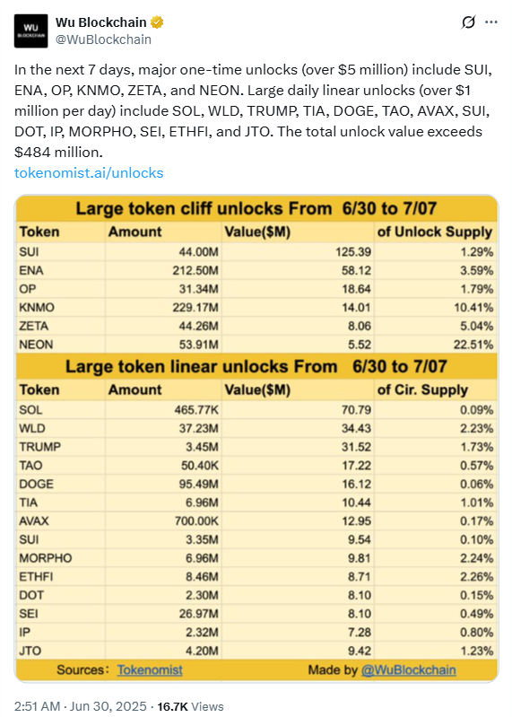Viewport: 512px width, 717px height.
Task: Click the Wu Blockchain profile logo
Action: point(30,31)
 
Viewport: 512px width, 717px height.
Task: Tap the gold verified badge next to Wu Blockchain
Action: point(157,22)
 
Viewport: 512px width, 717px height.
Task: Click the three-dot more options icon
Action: point(491,22)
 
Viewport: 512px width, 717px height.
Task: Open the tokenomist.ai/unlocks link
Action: point(89,173)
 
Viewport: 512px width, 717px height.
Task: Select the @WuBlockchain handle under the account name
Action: point(103,39)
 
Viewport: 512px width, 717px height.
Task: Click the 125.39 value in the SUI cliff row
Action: point(353,252)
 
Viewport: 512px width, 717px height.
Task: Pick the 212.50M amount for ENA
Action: point(195,271)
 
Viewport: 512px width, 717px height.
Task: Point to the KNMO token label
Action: point(37,308)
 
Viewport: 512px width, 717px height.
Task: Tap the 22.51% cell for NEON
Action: point(473,345)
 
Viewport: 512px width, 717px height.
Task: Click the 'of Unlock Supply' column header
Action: point(434,232)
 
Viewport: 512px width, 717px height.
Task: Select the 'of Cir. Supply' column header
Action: point(422,390)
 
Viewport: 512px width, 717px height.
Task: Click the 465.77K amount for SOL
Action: point(196,410)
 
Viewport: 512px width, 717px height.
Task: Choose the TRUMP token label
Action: point(39,447)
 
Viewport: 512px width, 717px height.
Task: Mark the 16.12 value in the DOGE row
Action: point(356,484)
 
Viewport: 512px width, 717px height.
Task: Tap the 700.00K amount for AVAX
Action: point(196,520)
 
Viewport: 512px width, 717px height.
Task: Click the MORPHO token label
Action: point(45,558)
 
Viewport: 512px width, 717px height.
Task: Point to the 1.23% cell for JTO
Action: point(476,651)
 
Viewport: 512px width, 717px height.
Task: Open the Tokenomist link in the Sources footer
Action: point(150,670)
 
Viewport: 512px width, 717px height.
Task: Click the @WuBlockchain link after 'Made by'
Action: point(408,670)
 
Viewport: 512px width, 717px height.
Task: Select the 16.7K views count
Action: point(172,706)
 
